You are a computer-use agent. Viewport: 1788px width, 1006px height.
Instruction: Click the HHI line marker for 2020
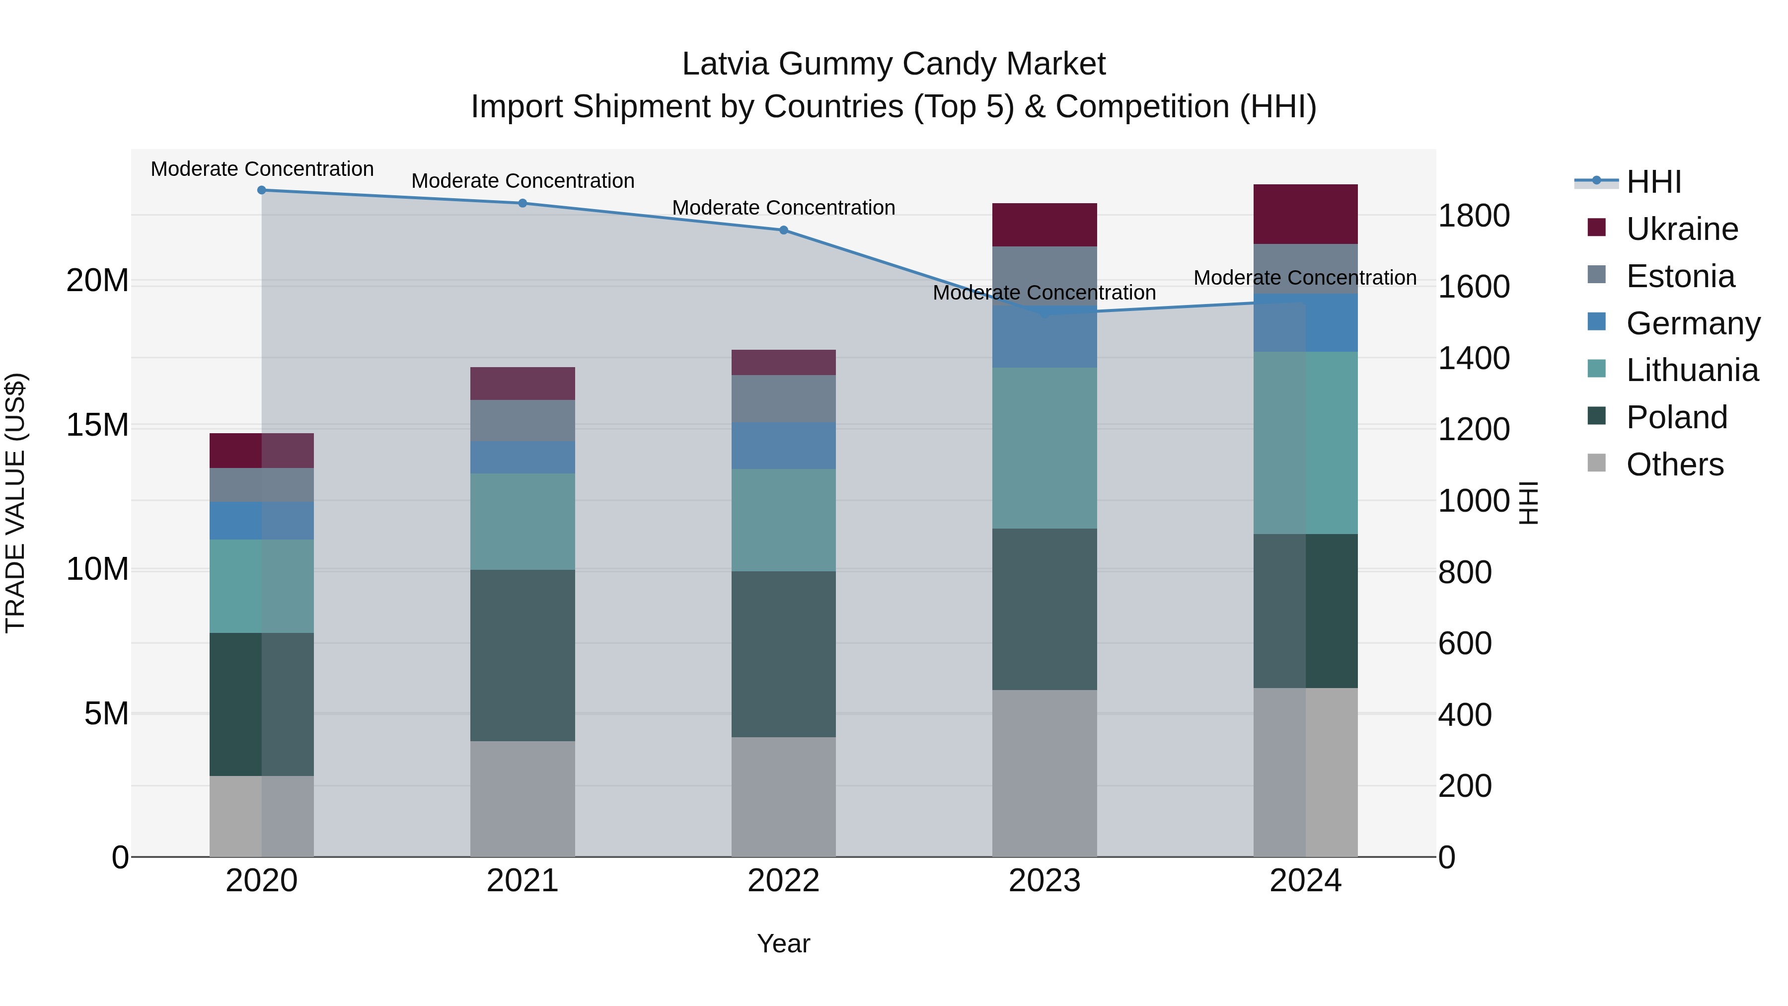point(262,190)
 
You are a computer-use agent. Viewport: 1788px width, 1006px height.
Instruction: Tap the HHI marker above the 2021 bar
point(522,203)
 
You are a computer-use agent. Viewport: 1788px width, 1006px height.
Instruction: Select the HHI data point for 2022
point(784,230)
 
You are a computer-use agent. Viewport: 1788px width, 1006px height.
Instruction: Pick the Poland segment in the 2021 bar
point(522,655)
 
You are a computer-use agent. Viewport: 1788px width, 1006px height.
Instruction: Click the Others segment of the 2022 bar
point(784,797)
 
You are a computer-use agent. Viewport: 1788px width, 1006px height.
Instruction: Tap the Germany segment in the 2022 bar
point(784,445)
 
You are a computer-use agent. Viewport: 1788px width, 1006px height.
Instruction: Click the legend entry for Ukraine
point(1682,229)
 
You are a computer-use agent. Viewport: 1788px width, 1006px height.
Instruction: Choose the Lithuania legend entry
point(1692,370)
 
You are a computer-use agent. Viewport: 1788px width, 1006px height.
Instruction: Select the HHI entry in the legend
point(1653,182)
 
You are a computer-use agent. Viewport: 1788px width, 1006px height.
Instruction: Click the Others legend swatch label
point(1674,464)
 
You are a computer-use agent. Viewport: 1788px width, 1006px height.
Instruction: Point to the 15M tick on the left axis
point(97,425)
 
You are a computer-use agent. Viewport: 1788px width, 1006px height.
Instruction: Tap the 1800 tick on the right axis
point(1474,215)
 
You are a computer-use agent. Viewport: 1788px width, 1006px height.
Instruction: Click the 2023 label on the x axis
point(1044,881)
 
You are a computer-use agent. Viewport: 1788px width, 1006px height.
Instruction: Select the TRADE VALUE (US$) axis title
point(15,503)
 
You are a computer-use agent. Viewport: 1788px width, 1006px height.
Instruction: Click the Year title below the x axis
point(784,943)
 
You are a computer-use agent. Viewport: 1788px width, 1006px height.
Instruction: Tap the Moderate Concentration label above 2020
point(262,169)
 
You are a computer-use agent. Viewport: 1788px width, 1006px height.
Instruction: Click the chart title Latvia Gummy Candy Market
point(894,64)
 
